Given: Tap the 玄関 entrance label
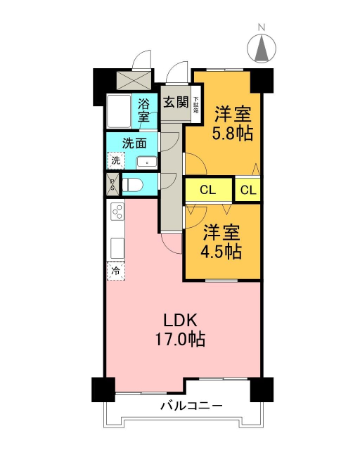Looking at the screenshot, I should coord(175,102).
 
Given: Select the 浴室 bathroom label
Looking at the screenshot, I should coord(143,111).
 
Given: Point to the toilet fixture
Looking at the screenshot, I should coord(134,185).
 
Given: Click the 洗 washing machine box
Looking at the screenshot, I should coord(115,160).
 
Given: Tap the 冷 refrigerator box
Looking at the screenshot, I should coord(115,269).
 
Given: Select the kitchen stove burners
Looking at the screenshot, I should coord(117,211).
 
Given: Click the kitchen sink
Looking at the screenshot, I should coord(117,248).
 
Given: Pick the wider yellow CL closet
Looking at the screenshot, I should coord(207,189).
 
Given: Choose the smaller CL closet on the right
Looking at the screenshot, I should coord(247,189).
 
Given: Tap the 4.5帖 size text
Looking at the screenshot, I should coord(224,251).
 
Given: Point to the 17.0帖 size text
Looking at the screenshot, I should coord(181,340).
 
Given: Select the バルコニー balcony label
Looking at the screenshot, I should coord(191,406).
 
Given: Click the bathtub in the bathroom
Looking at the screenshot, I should coord(117,111).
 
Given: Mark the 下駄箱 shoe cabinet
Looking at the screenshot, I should coord(196,105).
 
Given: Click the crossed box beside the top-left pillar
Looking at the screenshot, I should coord(134,79).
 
